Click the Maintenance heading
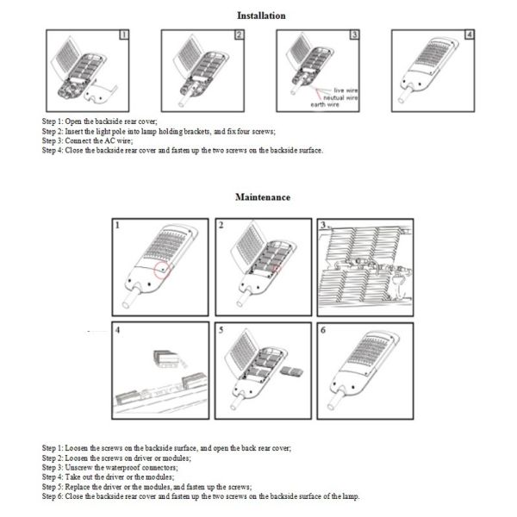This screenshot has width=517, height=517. (x=263, y=197)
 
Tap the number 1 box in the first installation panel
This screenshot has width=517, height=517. (x=124, y=36)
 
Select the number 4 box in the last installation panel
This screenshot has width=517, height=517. (x=469, y=36)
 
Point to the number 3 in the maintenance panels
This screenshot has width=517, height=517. (x=324, y=226)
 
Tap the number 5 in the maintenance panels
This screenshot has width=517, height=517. (x=222, y=330)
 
